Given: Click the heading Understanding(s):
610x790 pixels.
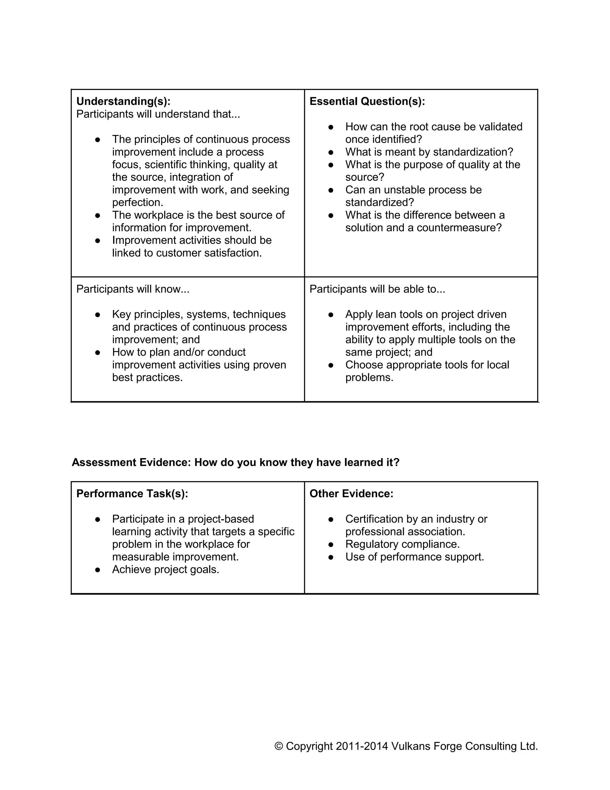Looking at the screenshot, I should pyautogui.click(x=123, y=101).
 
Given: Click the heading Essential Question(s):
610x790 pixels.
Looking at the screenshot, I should pyautogui.click(x=367, y=101).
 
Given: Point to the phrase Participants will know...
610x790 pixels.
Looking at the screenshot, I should pyautogui.click(x=133, y=289).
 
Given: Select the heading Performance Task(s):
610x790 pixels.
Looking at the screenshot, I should pyautogui.click(x=132, y=494).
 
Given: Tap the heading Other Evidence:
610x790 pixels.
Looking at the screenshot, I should pyautogui.click(x=351, y=494).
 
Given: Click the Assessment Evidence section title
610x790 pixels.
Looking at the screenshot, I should pyautogui.click(x=235, y=462).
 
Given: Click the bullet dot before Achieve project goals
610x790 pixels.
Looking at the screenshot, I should pyautogui.click(x=98, y=570).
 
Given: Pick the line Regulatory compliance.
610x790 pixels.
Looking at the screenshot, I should pyautogui.click(x=402, y=544).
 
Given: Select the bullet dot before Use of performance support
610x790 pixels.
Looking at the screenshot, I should pyautogui.click(x=331, y=557).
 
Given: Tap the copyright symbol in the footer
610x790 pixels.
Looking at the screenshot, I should pyautogui.click(x=278, y=746).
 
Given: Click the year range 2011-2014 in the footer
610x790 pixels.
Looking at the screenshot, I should pyautogui.click(x=362, y=746).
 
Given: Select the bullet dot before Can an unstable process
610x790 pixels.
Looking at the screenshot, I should pyautogui.click(x=331, y=190).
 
